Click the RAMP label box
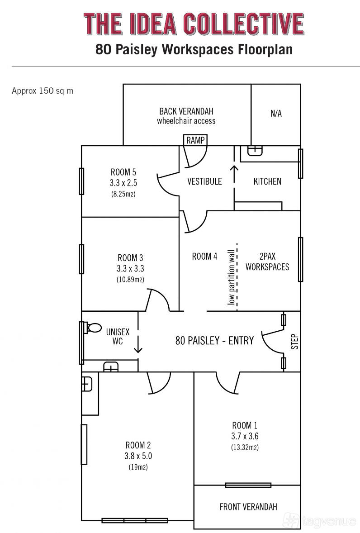coord(195,140)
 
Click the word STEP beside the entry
coord(295,342)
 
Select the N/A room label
coord(276,114)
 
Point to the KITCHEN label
coord(267,181)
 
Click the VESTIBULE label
coord(204,181)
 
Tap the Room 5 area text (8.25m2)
coord(123,195)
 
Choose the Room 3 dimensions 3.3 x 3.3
coord(130,269)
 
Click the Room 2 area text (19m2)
coord(138,467)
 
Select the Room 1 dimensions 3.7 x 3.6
coord(245,436)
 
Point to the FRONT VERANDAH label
coord(248,507)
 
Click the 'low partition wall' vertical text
coord(231,277)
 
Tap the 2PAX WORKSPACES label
coord(267,262)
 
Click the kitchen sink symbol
coord(256,151)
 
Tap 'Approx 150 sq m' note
coord(43,91)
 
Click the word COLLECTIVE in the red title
coord(243,24)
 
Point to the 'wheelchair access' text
coord(186,121)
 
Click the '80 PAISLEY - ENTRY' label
coord(215,340)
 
